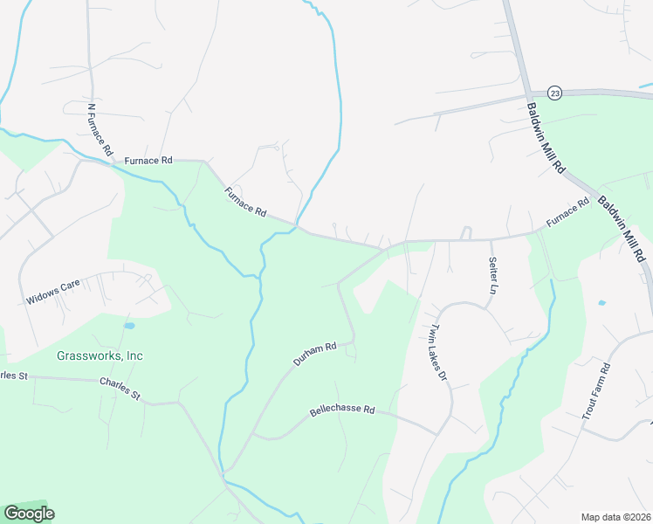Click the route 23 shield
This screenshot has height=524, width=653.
point(554,92)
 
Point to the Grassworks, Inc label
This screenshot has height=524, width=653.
point(100,355)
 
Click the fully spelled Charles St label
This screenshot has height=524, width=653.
point(120,389)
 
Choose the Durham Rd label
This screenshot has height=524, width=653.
point(314,354)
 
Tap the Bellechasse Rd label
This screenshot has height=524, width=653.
point(342,410)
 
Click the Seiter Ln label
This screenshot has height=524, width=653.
point(493,274)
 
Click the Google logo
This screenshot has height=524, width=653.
point(28,514)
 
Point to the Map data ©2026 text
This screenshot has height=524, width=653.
point(615,517)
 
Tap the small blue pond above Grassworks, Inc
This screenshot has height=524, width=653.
point(129,326)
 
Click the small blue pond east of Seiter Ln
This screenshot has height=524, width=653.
point(601,303)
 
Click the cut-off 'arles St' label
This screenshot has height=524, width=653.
point(14,376)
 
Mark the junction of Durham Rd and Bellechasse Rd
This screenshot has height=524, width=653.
point(253,434)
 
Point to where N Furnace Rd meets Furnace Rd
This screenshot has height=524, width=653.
point(112,162)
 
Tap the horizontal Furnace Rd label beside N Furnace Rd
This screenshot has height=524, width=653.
point(149,161)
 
